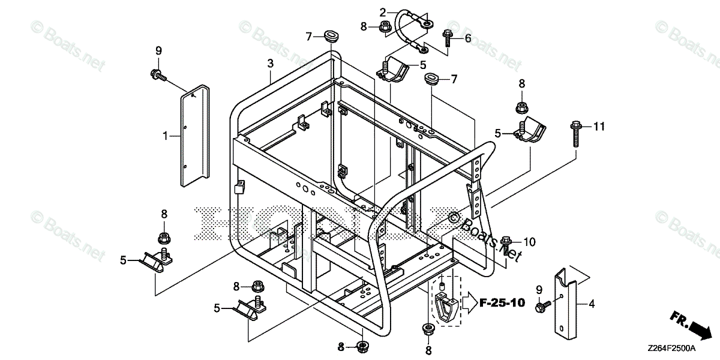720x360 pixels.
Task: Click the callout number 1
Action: coord(164,137)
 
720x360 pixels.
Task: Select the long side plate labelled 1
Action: coord(194,133)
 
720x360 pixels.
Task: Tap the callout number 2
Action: coord(382,11)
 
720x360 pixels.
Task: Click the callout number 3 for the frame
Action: coord(271,63)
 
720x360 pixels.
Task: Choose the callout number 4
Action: coord(592,304)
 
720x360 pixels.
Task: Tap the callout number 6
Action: coord(467,38)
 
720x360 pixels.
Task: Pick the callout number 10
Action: coord(528,242)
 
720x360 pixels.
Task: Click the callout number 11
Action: coord(599,127)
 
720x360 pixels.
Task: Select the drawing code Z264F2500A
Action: coord(672,348)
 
